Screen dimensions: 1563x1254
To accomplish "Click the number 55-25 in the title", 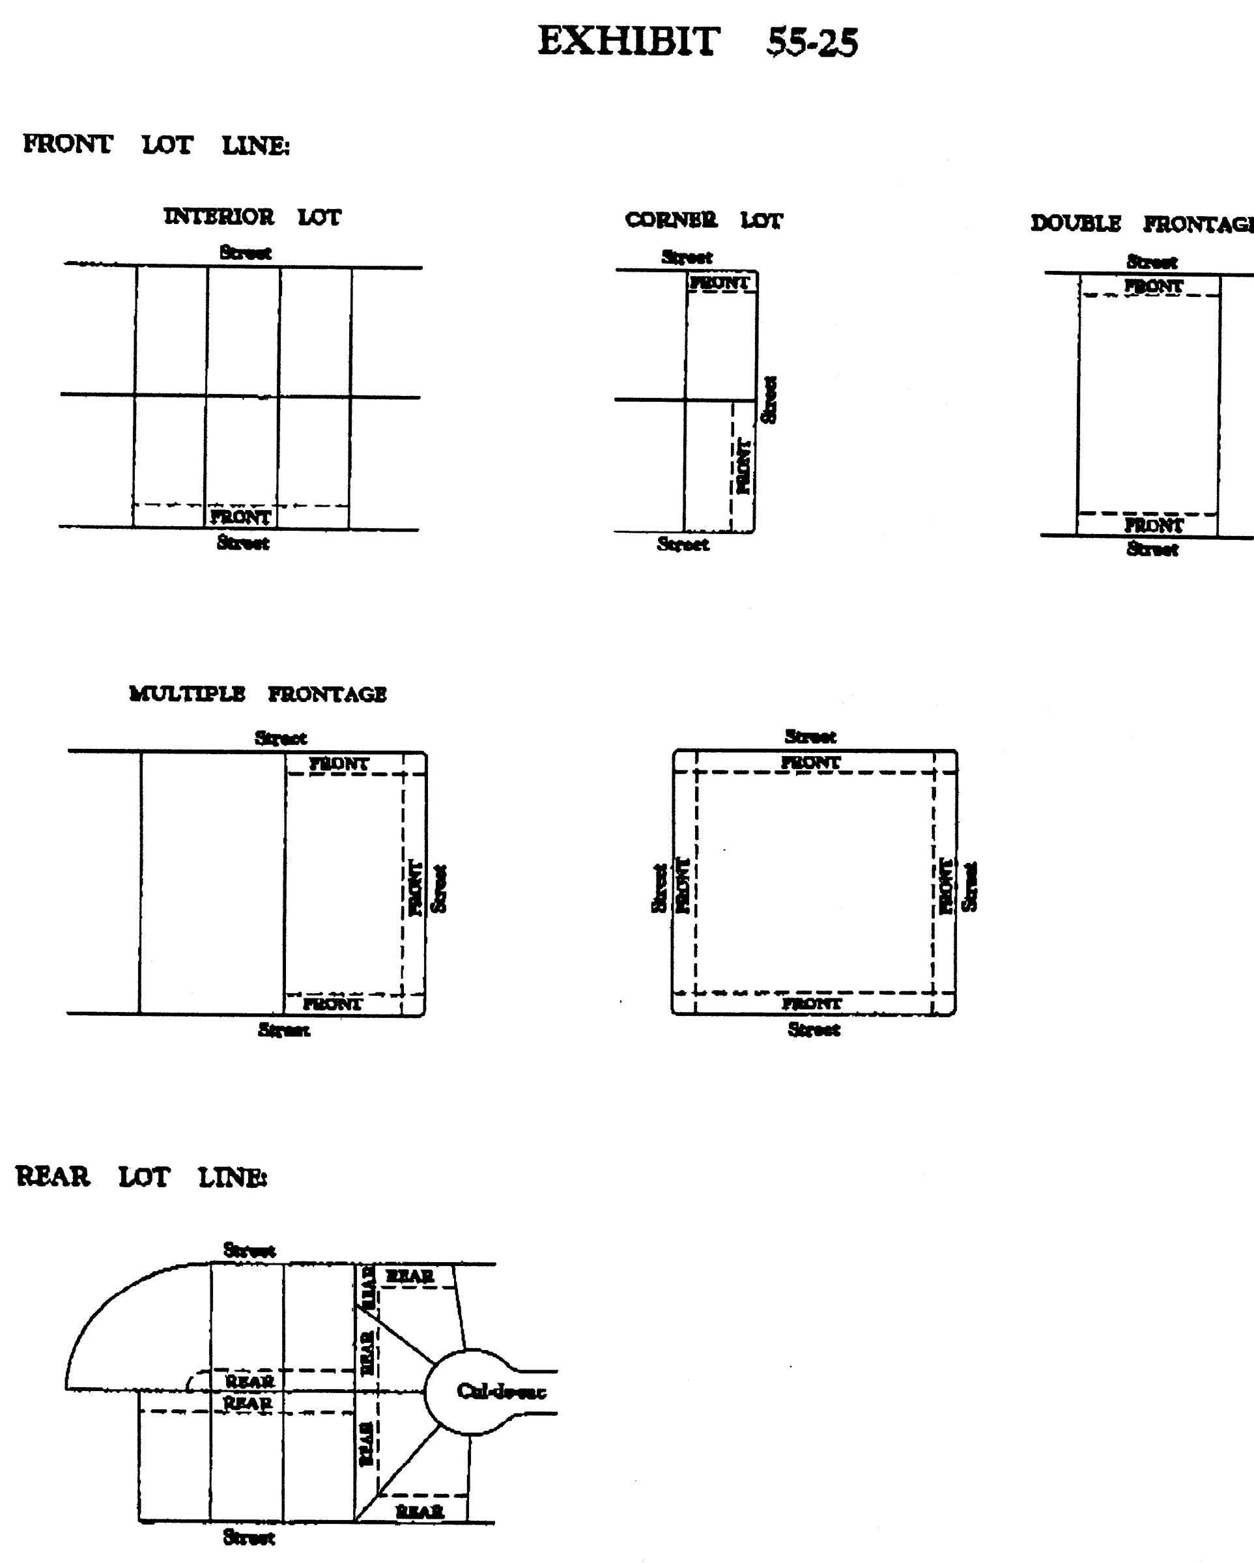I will [x=812, y=42].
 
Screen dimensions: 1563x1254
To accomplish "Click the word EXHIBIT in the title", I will [x=628, y=41].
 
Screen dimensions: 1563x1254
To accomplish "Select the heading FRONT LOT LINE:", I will [x=156, y=145].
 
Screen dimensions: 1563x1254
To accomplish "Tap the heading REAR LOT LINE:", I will [x=141, y=1177].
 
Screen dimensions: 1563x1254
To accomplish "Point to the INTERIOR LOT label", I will [x=251, y=217].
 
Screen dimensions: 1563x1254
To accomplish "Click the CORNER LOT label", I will [x=704, y=219].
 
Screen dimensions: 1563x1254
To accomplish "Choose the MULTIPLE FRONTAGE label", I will [x=257, y=694].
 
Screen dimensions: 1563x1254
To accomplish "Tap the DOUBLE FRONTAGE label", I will [x=1143, y=224].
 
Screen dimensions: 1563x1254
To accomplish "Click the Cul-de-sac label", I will [x=501, y=1390].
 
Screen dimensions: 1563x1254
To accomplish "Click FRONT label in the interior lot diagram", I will [x=240, y=517].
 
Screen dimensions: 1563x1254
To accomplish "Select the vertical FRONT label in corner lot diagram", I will [x=743, y=466].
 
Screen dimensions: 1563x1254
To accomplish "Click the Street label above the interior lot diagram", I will [x=245, y=253].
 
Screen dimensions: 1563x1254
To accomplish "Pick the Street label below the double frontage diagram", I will [x=1152, y=550].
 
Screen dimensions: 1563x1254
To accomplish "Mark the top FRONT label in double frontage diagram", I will [x=1153, y=287].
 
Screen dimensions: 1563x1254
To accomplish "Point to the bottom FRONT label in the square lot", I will [x=812, y=1004].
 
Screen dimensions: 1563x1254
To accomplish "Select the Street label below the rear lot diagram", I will [x=249, y=1537].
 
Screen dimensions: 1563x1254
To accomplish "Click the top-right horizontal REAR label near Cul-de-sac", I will [x=410, y=1276].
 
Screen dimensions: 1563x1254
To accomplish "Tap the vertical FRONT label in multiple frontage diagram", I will [x=416, y=888].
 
